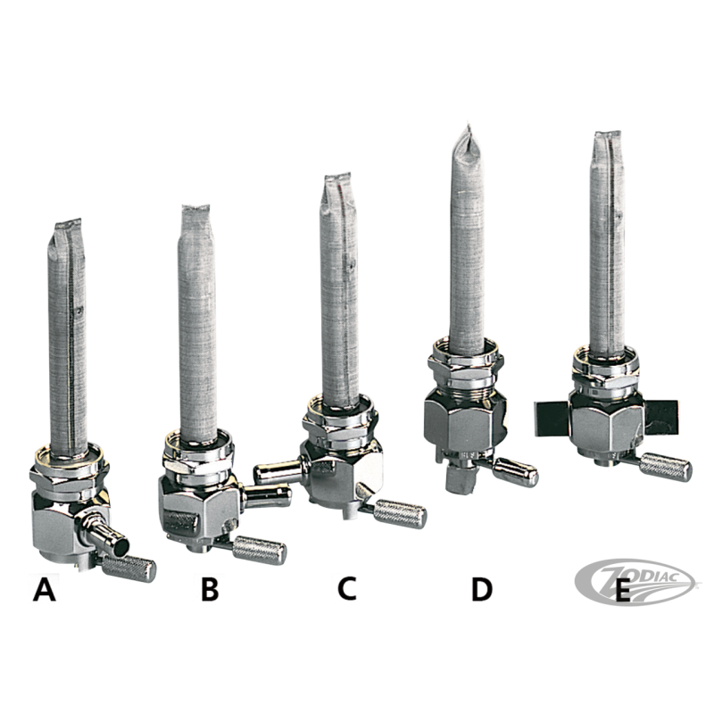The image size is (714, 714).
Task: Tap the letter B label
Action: pyautogui.click(x=210, y=589)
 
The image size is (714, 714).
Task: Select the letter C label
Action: pyautogui.click(x=347, y=588)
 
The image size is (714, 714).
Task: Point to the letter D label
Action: pyautogui.click(x=482, y=589)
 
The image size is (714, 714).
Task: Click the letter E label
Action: pyautogui.click(x=622, y=590)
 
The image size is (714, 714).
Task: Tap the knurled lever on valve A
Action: pyautogui.click(x=129, y=569)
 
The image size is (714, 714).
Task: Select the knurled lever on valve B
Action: pyautogui.click(x=259, y=550)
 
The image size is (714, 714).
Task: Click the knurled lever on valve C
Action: pyautogui.click(x=399, y=513)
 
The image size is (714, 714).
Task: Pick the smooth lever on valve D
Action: pyautogui.click(x=516, y=472)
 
